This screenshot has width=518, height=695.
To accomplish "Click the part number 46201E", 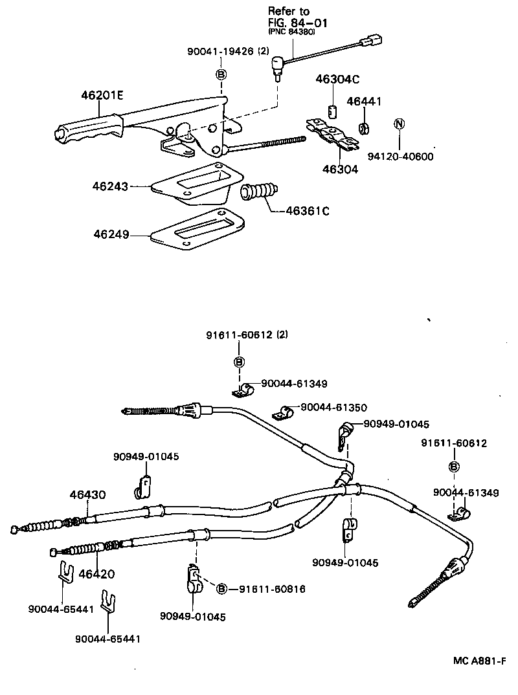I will pyautogui.click(x=102, y=95).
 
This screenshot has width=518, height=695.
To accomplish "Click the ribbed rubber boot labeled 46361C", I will pyautogui.click(x=260, y=192).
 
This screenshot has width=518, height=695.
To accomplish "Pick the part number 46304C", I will pyautogui.click(x=337, y=80).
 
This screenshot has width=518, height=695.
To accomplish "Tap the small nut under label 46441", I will pyautogui.click(x=364, y=127).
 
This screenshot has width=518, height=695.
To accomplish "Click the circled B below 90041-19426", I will pyautogui.click(x=221, y=74).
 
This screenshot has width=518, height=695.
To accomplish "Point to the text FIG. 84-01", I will pyautogui.click(x=298, y=23).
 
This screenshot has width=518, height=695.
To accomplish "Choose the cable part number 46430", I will pyautogui.click(x=87, y=496).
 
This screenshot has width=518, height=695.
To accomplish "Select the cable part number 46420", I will pyautogui.click(x=96, y=573).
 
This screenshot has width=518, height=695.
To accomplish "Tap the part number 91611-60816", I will pyautogui.click(x=272, y=589).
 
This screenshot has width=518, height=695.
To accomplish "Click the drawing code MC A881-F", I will pyautogui.click(x=479, y=661).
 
